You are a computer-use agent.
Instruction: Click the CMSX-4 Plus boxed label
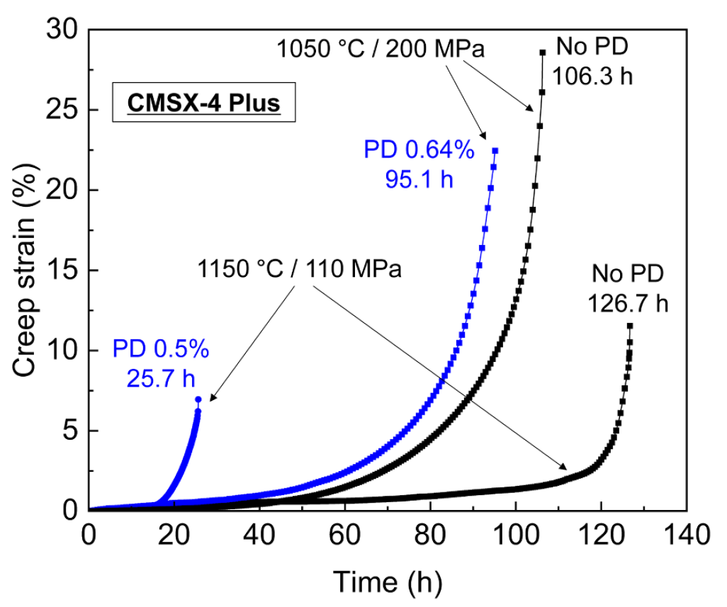tap(204, 103)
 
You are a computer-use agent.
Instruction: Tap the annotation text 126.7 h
tap(628, 304)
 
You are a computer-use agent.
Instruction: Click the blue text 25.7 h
tap(162, 379)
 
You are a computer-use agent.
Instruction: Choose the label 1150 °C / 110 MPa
tap(300, 271)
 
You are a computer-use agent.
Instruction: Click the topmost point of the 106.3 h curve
tap(543, 52)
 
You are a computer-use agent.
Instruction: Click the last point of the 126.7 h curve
tap(629, 326)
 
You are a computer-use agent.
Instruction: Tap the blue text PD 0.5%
tap(160, 350)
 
